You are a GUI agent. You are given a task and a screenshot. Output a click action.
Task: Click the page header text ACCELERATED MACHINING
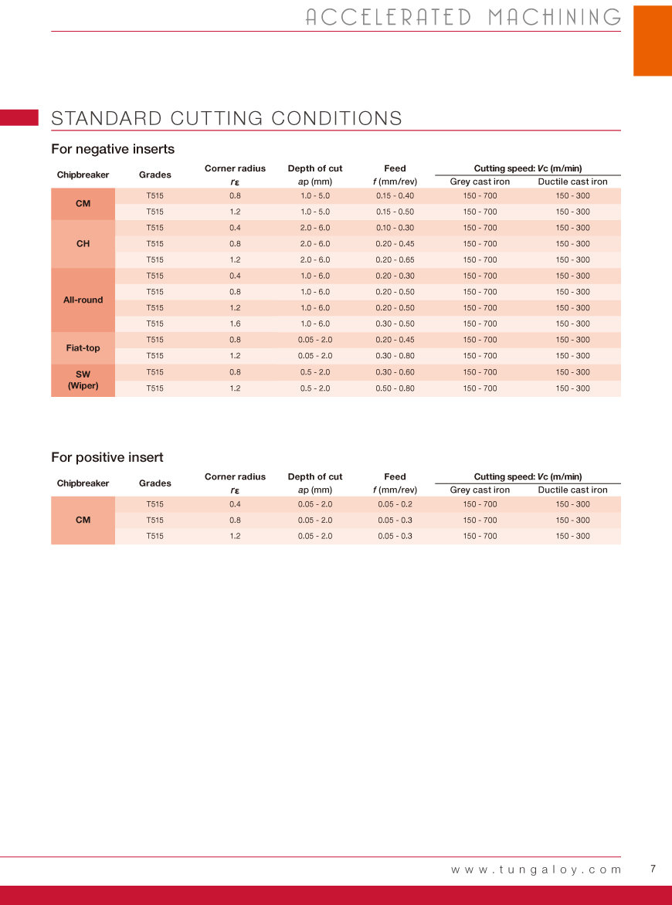(463, 17)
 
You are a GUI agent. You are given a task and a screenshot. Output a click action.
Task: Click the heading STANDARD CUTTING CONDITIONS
(226, 118)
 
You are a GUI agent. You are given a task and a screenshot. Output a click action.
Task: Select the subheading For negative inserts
(113, 149)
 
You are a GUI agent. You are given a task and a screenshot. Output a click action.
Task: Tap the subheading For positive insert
(107, 457)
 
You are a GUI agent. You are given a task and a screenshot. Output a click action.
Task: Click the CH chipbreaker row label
(83, 244)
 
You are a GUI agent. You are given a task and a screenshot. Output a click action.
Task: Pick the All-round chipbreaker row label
(83, 300)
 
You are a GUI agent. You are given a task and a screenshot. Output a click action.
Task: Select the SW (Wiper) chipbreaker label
(83, 380)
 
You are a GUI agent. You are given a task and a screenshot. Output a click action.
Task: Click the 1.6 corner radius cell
(235, 324)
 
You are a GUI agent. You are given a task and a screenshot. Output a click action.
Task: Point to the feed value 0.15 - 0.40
(395, 196)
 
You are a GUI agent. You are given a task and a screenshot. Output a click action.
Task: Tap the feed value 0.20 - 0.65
(395, 260)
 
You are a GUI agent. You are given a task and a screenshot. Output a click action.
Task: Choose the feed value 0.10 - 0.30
(395, 228)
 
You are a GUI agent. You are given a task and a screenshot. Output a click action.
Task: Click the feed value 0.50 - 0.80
(395, 388)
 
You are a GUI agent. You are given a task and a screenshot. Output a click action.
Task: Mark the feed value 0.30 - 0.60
(395, 372)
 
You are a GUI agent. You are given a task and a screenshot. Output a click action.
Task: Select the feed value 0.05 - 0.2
(395, 504)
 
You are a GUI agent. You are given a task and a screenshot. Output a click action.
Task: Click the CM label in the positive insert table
(83, 520)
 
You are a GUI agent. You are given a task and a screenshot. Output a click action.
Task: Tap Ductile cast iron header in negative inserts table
(572, 182)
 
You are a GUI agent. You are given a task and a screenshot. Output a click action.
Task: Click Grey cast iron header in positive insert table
(480, 490)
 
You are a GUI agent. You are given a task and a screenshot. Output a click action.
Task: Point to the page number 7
(653, 869)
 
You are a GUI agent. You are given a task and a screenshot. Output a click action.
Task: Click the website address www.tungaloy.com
(536, 869)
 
